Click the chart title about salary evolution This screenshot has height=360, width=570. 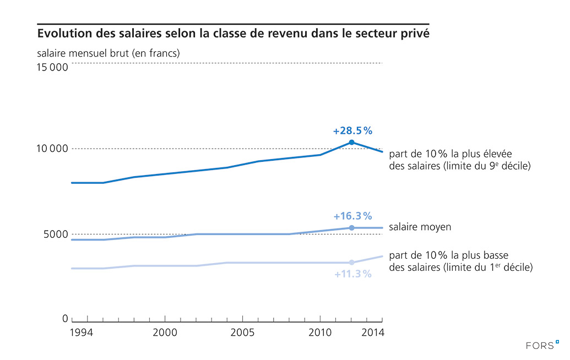(233, 34)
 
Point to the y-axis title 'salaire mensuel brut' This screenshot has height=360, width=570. (108, 53)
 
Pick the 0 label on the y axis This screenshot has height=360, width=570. (65, 319)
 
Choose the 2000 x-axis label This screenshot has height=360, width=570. (165, 333)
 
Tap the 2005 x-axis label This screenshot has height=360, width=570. (243, 333)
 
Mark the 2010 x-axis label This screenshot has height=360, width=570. (320, 333)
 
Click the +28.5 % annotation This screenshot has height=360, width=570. (352, 131)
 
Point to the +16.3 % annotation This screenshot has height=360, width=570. (352, 216)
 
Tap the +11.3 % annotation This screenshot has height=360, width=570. (352, 274)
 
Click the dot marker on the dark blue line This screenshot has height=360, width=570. (351, 143)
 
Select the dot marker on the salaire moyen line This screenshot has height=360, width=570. (351, 228)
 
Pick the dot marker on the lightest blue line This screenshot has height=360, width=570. (351, 263)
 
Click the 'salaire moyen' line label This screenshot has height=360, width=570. (420, 227)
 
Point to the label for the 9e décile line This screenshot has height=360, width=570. (459, 159)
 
